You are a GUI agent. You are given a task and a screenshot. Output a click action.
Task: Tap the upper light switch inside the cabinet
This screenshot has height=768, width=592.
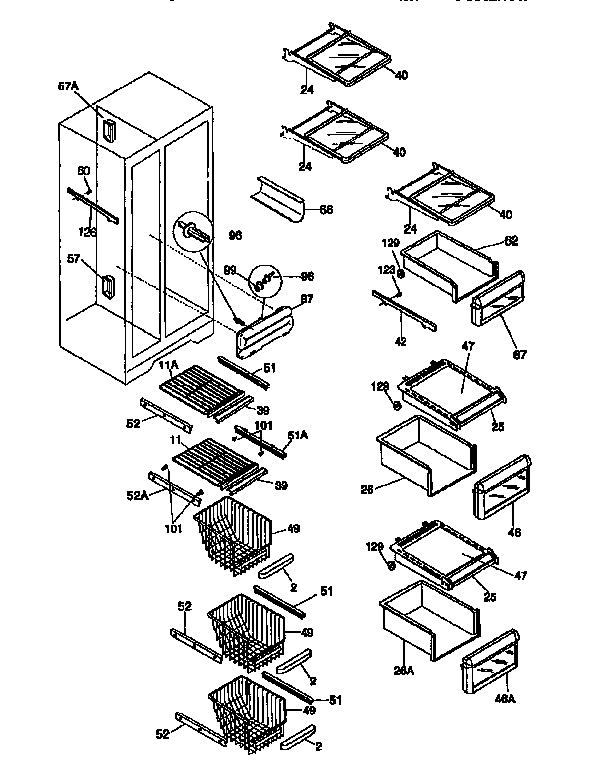[107, 127]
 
